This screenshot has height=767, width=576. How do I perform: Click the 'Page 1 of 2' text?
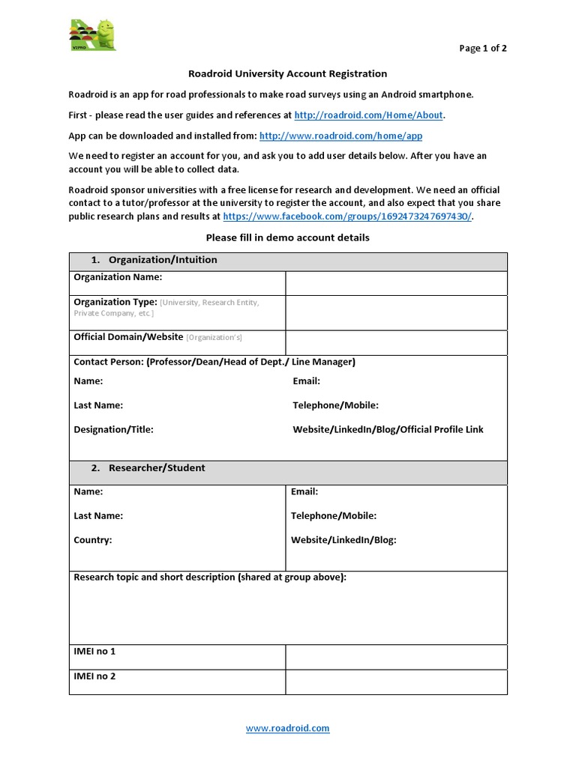point(483,49)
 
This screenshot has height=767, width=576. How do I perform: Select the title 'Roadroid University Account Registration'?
point(287,73)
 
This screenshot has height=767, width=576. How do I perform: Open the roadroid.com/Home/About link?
point(369,115)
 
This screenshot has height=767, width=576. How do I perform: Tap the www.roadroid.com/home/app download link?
point(340,136)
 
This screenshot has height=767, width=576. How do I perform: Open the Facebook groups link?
point(348,216)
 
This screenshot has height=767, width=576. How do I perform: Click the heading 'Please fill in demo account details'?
point(287,237)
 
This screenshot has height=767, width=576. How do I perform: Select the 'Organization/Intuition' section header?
point(163,260)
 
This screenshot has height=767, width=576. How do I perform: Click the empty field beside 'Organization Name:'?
point(396,282)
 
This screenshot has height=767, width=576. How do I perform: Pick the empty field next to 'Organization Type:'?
point(396,312)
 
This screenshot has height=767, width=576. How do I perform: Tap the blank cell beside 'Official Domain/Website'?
point(396,342)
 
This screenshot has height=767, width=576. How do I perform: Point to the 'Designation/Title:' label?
point(113,429)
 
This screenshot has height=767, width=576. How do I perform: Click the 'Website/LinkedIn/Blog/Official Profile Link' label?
point(388,429)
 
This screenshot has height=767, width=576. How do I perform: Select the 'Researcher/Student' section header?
point(157,468)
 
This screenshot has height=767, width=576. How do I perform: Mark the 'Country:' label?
point(93,539)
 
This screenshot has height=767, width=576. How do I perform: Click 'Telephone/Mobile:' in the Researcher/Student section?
point(334,515)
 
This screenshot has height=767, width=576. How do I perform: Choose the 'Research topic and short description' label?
point(210,577)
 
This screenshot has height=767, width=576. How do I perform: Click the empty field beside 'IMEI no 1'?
point(396,657)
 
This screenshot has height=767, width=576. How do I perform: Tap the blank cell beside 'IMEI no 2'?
point(396,682)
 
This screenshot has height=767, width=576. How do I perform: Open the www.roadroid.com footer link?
point(287,727)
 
